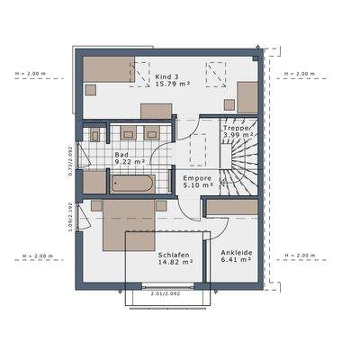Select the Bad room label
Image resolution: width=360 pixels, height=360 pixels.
pos(121,155)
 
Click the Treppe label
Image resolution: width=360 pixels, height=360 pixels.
pos(237,130)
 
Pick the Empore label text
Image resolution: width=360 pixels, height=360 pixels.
pos(196,179)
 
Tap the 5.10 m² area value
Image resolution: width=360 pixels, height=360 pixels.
pos(196,188)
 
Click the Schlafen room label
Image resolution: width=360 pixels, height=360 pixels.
pos(166,255)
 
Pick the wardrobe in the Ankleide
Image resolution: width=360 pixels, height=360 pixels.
pos(233,207)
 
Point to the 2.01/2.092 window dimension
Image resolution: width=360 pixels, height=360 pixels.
pos(167,293)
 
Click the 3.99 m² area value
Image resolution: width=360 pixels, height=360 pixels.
pos(238,139)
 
